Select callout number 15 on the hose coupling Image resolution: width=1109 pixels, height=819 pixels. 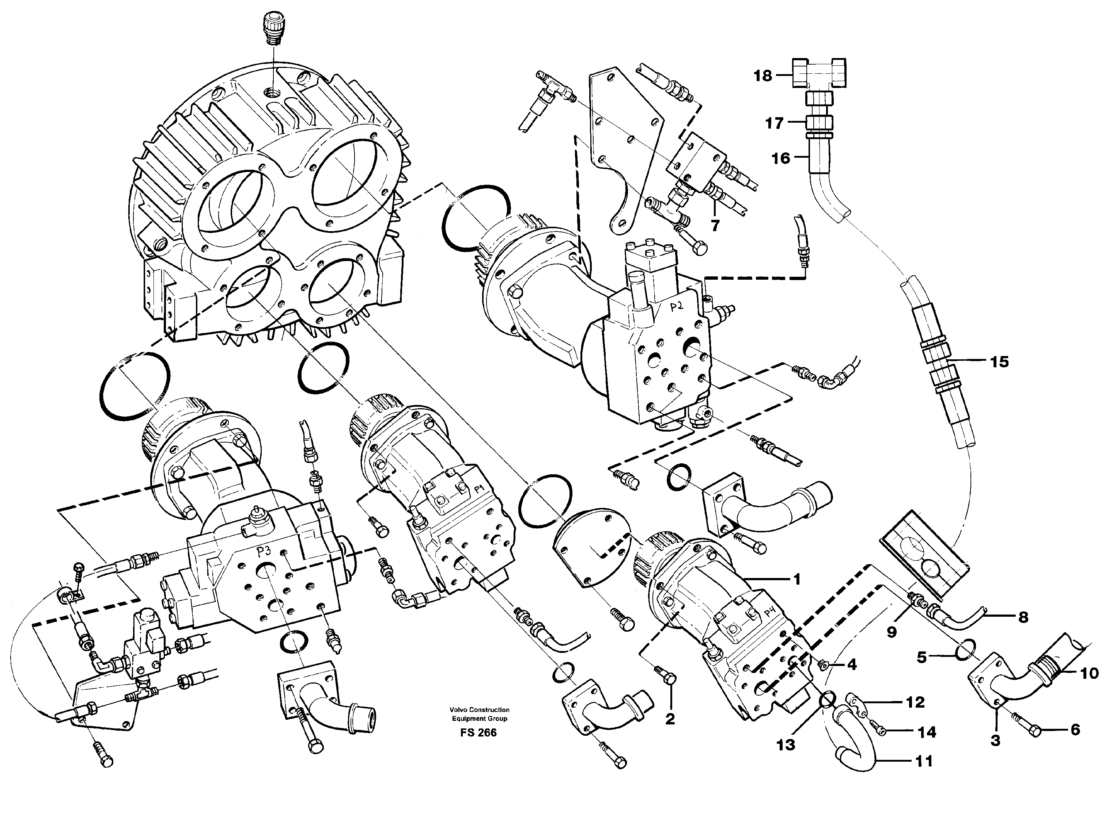[999, 362]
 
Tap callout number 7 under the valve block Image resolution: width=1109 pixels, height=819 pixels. [715, 226]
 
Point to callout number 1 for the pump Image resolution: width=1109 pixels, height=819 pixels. [797, 579]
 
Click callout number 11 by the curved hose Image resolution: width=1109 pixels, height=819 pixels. [923, 761]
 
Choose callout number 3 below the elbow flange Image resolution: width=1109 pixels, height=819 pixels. [995, 740]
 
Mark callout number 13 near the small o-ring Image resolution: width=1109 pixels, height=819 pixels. [786, 744]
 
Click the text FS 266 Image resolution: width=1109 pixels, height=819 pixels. [478, 733]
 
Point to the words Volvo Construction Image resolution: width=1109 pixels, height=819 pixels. [479, 710]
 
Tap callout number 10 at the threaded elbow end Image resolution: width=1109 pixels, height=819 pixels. [1089, 673]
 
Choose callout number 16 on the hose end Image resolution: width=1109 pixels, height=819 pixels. [781, 158]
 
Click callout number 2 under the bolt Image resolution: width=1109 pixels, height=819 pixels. [670, 719]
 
